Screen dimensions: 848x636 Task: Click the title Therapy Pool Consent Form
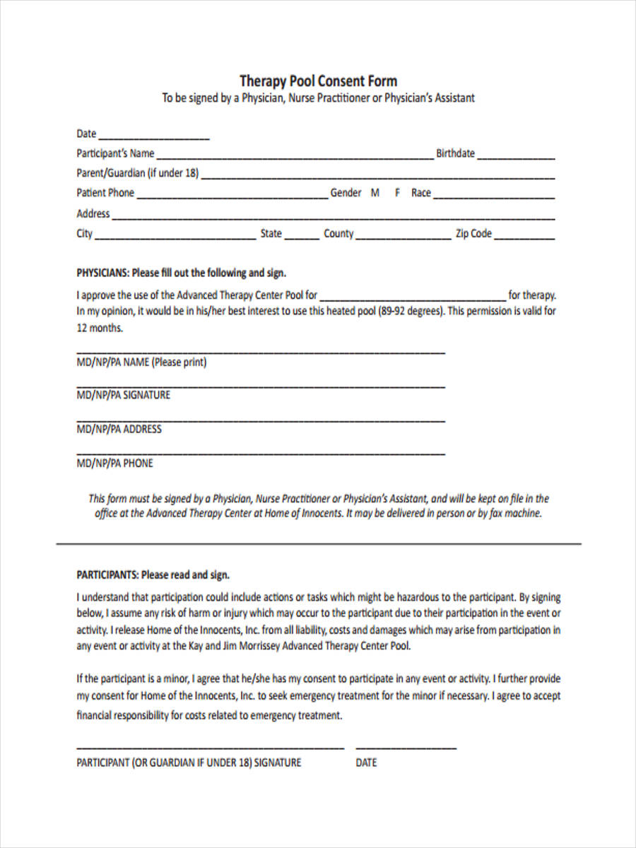pyautogui.click(x=318, y=81)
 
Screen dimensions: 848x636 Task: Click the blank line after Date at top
pyautogui.click(x=154, y=137)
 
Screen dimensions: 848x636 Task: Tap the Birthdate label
pyautogui.click(x=455, y=153)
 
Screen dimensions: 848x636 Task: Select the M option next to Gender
pyautogui.click(x=375, y=193)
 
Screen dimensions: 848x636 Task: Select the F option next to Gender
pyautogui.click(x=397, y=193)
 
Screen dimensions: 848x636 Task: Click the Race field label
pyautogui.click(x=420, y=193)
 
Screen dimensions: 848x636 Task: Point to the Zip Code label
pyautogui.click(x=473, y=234)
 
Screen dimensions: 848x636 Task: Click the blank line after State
pyautogui.click(x=302, y=238)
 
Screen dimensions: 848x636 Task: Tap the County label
pyautogui.click(x=338, y=234)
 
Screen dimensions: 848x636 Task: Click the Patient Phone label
pyautogui.click(x=105, y=193)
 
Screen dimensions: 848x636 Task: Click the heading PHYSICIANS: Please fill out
pyautogui.click(x=181, y=273)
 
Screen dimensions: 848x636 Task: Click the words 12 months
pyautogui.click(x=100, y=328)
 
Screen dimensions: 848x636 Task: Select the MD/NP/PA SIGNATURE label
pyautogui.click(x=123, y=395)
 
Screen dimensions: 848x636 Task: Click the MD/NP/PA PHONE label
pyautogui.click(x=114, y=464)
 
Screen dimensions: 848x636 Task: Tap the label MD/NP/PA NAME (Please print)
pyautogui.click(x=141, y=363)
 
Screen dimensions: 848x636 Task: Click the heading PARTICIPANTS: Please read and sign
pyautogui.click(x=153, y=575)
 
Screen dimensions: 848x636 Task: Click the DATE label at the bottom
pyautogui.click(x=366, y=763)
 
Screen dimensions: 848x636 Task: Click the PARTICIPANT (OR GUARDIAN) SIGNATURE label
pyautogui.click(x=189, y=763)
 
